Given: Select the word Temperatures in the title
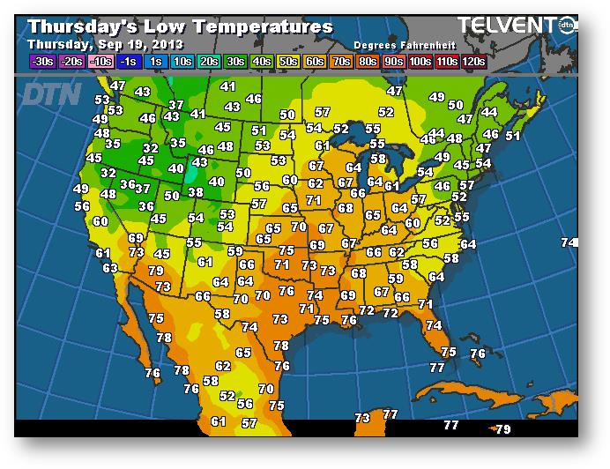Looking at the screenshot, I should [x=264, y=26].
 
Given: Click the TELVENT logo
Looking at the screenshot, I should [x=510, y=26].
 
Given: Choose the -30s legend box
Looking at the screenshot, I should [x=42, y=62].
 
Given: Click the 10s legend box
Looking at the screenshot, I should [x=183, y=62].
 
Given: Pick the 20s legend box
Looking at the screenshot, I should [x=210, y=62].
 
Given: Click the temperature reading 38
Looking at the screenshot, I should [x=196, y=192].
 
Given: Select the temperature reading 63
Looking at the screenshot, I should [x=110, y=268].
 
